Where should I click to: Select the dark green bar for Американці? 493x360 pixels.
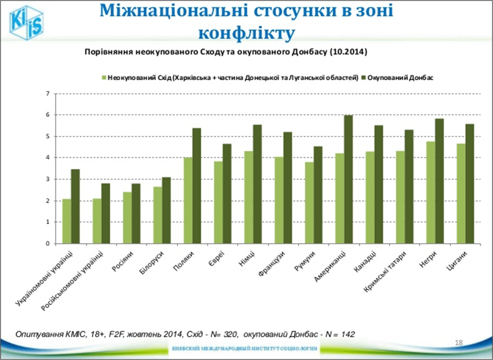pyautogui.click(x=348, y=179)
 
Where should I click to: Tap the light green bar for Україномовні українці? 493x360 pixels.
pyautogui.click(x=67, y=221)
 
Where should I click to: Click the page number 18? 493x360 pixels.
pyautogui.click(x=459, y=343)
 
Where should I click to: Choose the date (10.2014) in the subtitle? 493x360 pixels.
pyautogui.click(x=349, y=52)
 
